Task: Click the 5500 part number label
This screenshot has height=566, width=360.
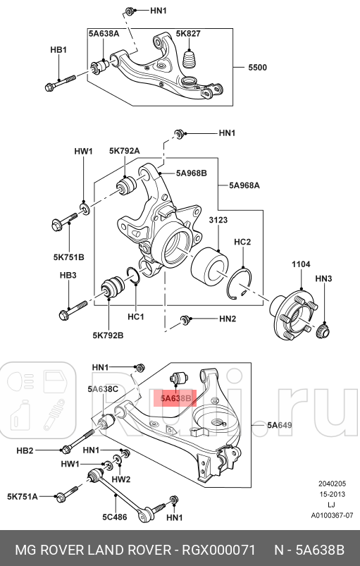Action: [x=258, y=68]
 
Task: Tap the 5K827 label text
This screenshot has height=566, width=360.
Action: [x=188, y=34]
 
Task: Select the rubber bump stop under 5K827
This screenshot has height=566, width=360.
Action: [x=190, y=59]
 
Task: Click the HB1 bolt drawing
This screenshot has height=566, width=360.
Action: [x=61, y=83]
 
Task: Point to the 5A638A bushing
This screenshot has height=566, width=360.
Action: [x=100, y=67]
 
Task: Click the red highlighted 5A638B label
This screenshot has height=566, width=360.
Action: [x=175, y=398]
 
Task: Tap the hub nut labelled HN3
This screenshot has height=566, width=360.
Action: [x=323, y=331]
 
